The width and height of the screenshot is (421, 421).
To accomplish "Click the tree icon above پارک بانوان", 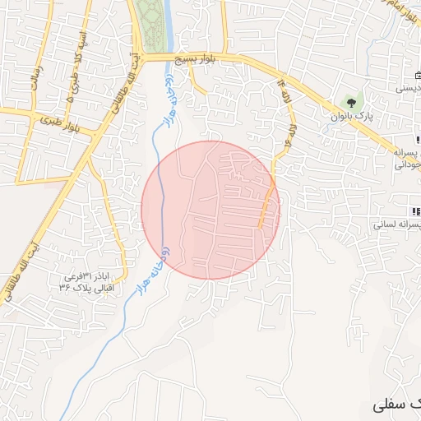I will pyautogui.click(x=352, y=103).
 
